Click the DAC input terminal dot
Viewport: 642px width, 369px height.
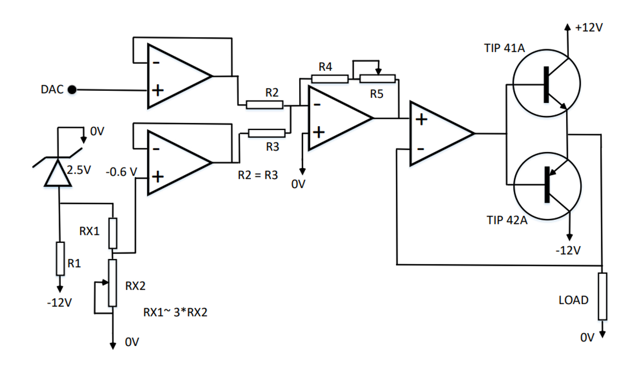71,90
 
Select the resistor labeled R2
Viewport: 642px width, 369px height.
264,105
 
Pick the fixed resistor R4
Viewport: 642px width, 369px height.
329,79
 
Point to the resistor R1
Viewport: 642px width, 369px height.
60,259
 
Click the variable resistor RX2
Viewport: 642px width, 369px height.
113,283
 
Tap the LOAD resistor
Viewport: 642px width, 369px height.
602,296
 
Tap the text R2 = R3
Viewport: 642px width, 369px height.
258,175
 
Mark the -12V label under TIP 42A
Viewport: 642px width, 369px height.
568,250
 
